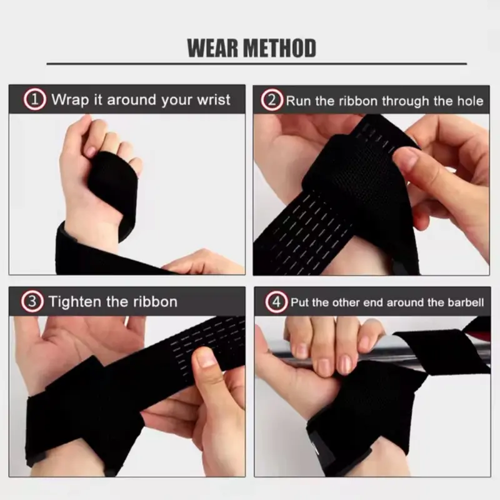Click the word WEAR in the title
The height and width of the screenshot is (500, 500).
point(212,48)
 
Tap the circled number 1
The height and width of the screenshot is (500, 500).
point(35,99)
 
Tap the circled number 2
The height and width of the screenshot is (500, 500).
point(272,100)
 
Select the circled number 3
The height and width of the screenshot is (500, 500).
point(32,301)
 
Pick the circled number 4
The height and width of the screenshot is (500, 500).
point(276,302)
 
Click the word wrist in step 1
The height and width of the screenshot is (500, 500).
point(214,100)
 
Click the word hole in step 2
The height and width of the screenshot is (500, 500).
point(471,101)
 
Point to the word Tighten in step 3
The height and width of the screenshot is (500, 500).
point(75,302)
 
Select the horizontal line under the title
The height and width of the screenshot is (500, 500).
point(257,64)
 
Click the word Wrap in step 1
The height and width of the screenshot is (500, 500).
point(70,100)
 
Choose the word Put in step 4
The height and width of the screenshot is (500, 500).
point(300,302)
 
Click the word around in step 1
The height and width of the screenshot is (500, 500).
point(132,100)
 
